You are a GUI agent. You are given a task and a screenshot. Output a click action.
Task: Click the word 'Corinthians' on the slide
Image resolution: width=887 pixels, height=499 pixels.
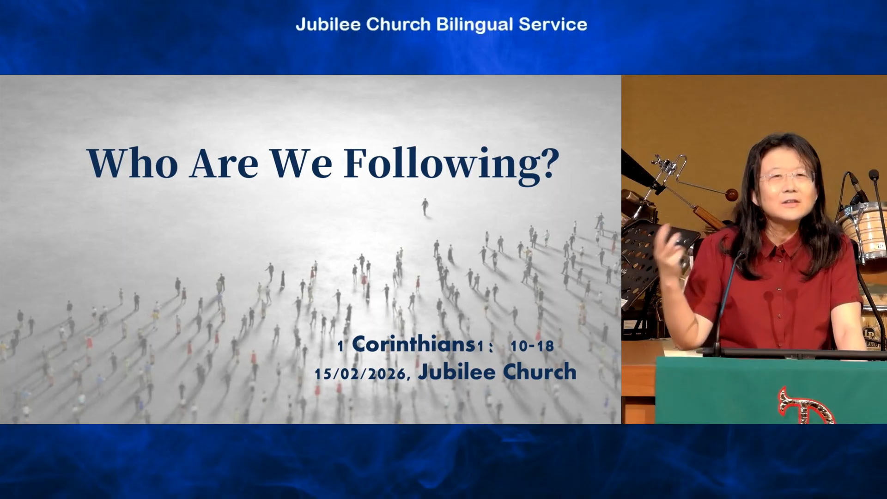[x=413, y=344]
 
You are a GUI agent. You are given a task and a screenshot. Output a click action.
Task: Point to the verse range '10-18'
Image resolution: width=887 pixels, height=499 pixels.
[x=532, y=346]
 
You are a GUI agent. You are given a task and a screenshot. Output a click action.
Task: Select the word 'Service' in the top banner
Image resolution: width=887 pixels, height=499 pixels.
[x=553, y=24]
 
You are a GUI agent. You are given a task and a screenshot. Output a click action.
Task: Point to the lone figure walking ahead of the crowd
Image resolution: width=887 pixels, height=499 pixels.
[x=425, y=207]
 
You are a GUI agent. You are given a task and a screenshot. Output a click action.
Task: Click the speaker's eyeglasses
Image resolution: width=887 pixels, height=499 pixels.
[x=786, y=177]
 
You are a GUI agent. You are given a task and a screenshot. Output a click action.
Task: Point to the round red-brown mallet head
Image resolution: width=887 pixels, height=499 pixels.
[x=731, y=195]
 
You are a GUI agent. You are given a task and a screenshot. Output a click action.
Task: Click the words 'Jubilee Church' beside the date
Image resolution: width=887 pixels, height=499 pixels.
[x=497, y=372]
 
